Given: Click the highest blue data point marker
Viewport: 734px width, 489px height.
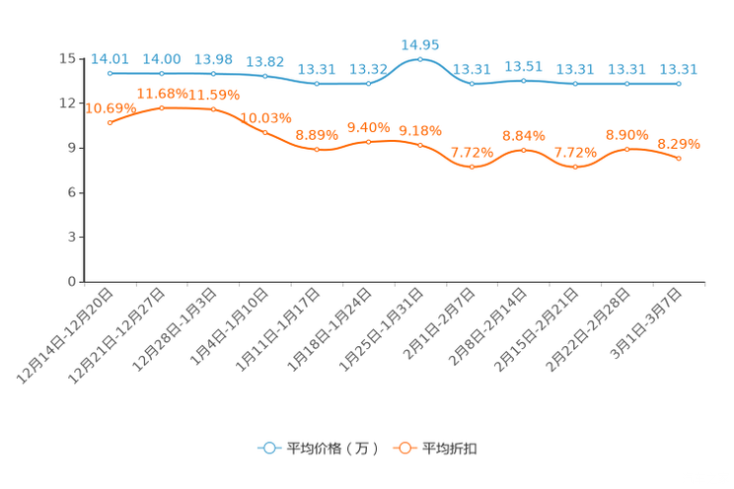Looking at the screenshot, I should pyautogui.click(x=420, y=59).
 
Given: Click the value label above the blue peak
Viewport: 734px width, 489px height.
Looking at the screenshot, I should pyautogui.click(x=420, y=43).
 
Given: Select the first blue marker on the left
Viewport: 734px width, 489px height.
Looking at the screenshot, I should pyautogui.click(x=110, y=73).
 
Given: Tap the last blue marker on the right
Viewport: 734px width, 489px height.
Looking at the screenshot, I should pyautogui.click(x=679, y=84).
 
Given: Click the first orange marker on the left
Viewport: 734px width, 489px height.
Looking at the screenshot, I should pyautogui.click(x=110, y=121).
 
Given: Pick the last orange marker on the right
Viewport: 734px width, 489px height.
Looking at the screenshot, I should pyautogui.click(x=679, y=158).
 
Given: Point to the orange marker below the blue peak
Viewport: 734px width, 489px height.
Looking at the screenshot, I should pyautogui.click(x=420, y=145).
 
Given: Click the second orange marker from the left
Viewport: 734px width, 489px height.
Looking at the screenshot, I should pyautogui.click(x=162, y=106).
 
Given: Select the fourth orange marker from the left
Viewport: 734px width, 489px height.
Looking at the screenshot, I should pyautogui.click(x=264, y=132).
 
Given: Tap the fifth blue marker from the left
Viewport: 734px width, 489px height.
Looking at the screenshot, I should pyautogui.click(x=317, y=84).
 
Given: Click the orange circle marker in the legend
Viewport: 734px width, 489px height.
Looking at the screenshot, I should pyautogui.click(x=404, y=448).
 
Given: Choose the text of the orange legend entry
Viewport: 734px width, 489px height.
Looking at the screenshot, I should pyautogui.click(x=450, y=449).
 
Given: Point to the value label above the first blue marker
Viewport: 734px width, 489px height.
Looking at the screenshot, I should pyautogui.click(x=110, y=58).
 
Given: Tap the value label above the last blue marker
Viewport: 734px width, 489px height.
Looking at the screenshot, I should pyautogui.click(x=679, y=69).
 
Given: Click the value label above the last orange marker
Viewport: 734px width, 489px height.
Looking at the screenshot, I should pyautogui.click(x=679, y=144).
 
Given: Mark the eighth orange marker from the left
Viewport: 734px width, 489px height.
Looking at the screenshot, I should pyautogui.click(x=472, y=168).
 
